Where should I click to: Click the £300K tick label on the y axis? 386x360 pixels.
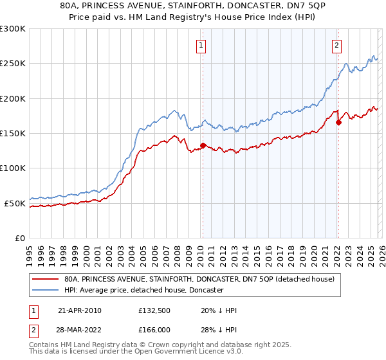pyautogui.click(x=13, y=29)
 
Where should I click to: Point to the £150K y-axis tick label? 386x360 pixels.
pyautogui.click(x=13, y=133)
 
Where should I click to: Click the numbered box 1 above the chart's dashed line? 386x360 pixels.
pyautogui.click(x=202, y=45)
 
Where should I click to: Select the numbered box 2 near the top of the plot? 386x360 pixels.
pyautogui.click(x=337, y=45)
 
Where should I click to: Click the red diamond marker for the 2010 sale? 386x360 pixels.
pyautogui.click(x=203, y=146)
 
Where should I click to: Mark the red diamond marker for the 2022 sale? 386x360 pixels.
pyautogui.click(x=338, y=122)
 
